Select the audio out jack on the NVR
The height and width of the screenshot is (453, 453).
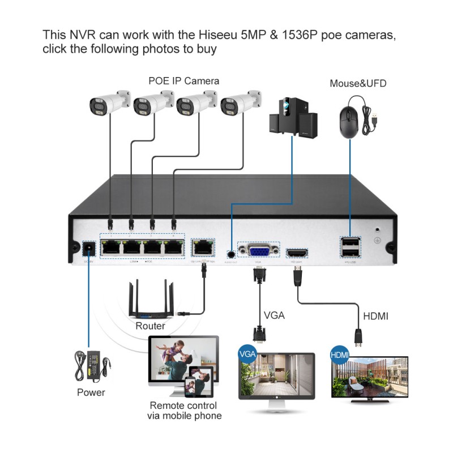[231, 255]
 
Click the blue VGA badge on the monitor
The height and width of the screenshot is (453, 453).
[248, 354]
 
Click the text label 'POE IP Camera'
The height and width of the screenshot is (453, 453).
[183, 81]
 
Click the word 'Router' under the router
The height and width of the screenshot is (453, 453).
[150, 326]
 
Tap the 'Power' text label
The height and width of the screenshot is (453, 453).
[91, 392]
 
